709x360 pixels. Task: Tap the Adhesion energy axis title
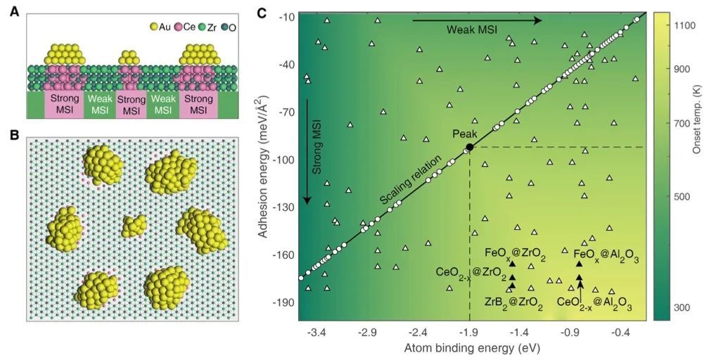pos(265,167)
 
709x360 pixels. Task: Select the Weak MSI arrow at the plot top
pos(477,20)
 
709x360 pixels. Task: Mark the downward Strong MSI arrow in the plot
pos(307,151)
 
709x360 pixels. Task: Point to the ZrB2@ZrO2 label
pos(513,302)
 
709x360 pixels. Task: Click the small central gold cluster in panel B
pos(134,226)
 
